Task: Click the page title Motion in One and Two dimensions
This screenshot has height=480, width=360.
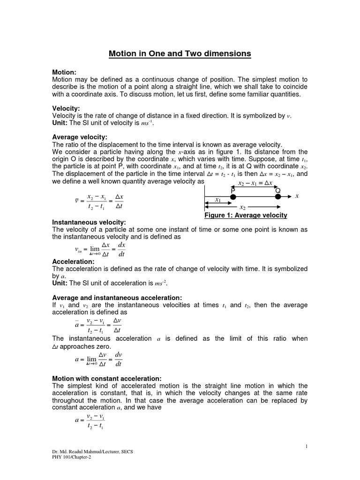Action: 180,54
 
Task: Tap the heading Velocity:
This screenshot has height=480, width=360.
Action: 66,108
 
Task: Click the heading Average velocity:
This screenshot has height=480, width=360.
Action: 80,137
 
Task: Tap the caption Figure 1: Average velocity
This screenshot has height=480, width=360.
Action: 246,215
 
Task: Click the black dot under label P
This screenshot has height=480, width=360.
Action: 232,197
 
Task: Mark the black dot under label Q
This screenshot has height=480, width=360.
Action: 277,197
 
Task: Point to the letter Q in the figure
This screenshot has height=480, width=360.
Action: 277,190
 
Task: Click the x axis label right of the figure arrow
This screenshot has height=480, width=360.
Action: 297,196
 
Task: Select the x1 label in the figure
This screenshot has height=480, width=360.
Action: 218,200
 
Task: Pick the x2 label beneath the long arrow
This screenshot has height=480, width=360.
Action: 242,207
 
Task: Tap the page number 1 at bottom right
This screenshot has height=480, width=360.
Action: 306,446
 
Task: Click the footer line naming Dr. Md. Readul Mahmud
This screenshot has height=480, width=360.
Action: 93,451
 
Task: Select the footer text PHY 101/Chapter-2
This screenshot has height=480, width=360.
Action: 72,457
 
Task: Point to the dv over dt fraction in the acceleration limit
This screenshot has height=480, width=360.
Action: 118,358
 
